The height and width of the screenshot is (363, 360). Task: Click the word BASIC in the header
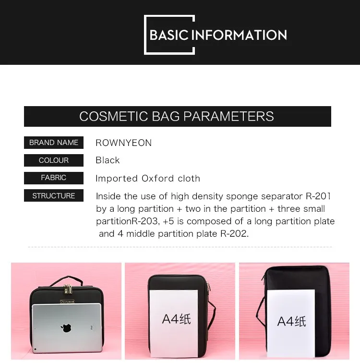coord(169,35)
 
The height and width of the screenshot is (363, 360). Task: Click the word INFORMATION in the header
coord(239,35)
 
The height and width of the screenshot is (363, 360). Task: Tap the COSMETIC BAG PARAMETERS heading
coord(177,116)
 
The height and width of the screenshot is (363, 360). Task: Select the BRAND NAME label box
coord(54,143)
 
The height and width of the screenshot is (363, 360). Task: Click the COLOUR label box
coord(54,160)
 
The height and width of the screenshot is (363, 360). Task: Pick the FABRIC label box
coord(54,178)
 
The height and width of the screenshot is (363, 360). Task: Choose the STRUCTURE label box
coord(54,196)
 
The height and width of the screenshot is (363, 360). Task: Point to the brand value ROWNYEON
coord(123,143)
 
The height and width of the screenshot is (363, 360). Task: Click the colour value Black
coord(108,160)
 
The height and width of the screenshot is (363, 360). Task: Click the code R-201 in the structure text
coord(318,196)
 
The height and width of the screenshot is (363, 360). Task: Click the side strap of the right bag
coord(260,307)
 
